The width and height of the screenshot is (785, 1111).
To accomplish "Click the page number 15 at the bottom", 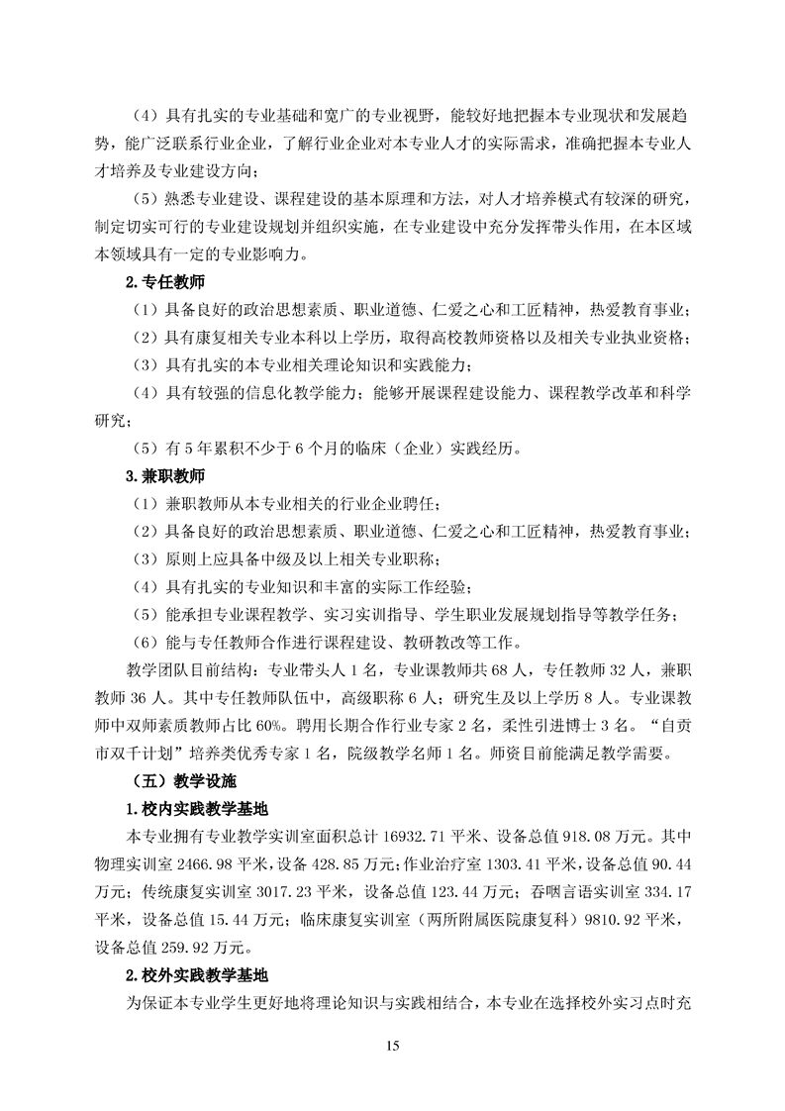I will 392,1046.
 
